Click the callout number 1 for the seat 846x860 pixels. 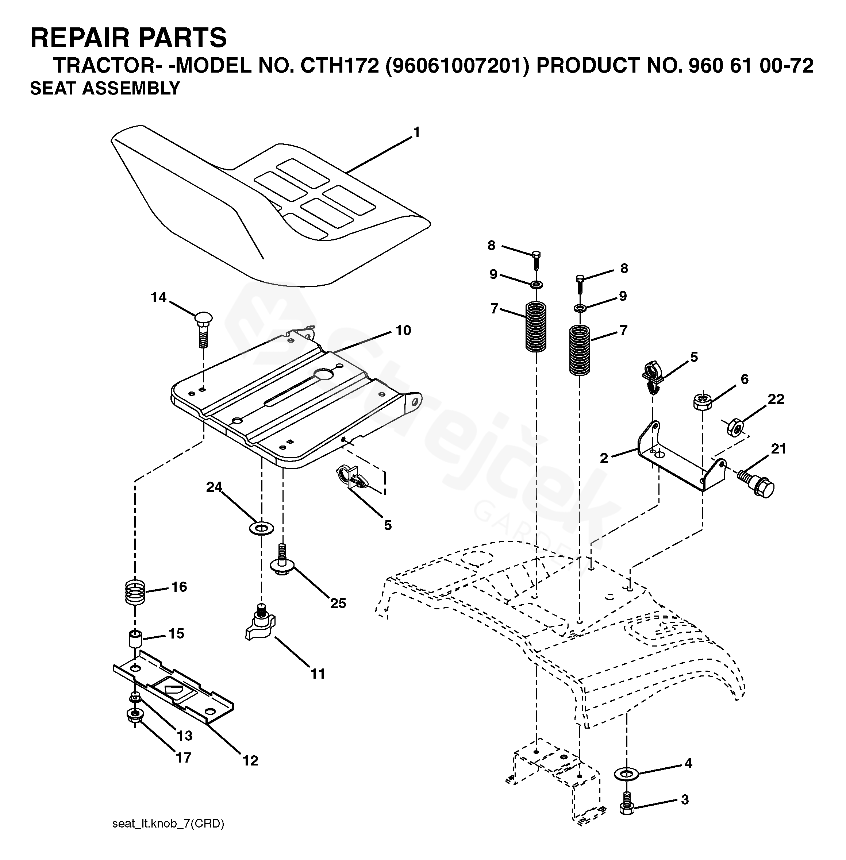click(x=416, y=132)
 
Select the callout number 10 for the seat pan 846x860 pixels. click(x=403, y=331)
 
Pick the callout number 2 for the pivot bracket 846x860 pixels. click(x=604, y=458)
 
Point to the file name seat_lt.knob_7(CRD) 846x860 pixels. click(x=168, y=824)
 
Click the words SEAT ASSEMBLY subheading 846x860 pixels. click(x=105, y=88)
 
